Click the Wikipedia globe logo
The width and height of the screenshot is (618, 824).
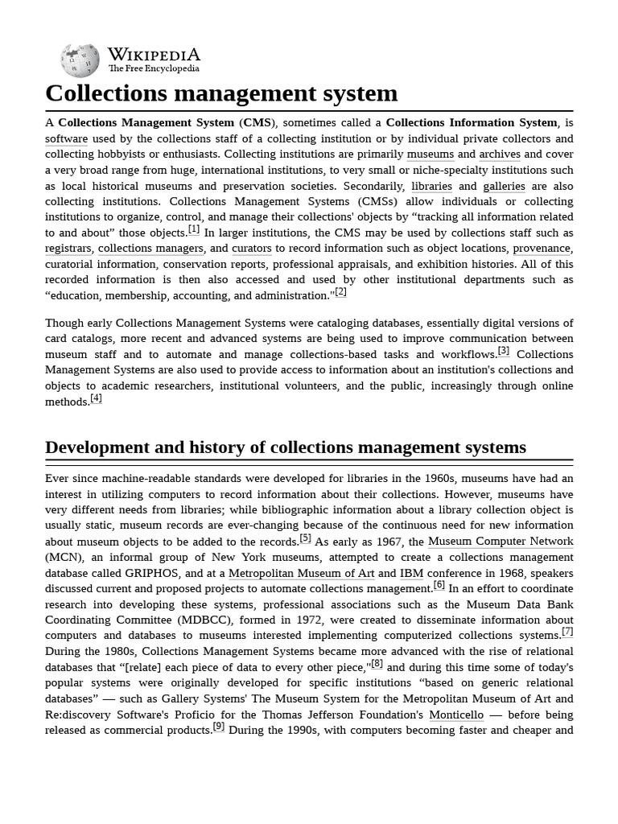(80, 60)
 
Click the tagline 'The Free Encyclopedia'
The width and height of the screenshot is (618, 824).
(154, 69)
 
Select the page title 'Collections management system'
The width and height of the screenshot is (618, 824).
(221, 93)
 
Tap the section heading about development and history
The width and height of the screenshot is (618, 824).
(286, 447)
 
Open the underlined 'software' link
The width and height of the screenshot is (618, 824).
(66, 138)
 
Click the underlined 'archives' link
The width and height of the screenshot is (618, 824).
(500, 154)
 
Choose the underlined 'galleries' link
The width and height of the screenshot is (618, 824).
(504, 186)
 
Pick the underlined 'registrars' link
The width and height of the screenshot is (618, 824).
(68, 249)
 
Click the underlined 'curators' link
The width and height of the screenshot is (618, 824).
(252, 249)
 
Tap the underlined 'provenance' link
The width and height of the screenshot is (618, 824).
(542, 249)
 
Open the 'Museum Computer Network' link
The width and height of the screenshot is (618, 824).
(501, 542)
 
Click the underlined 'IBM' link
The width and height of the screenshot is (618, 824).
(411, 573)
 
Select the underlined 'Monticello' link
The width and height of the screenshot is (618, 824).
(456, 715)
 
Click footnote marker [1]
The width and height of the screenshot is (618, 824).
(194, 229)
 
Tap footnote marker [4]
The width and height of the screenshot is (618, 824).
(96, 398)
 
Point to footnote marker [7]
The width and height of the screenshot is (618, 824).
(567, 632)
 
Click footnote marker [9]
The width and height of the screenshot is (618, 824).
(219, 727)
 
